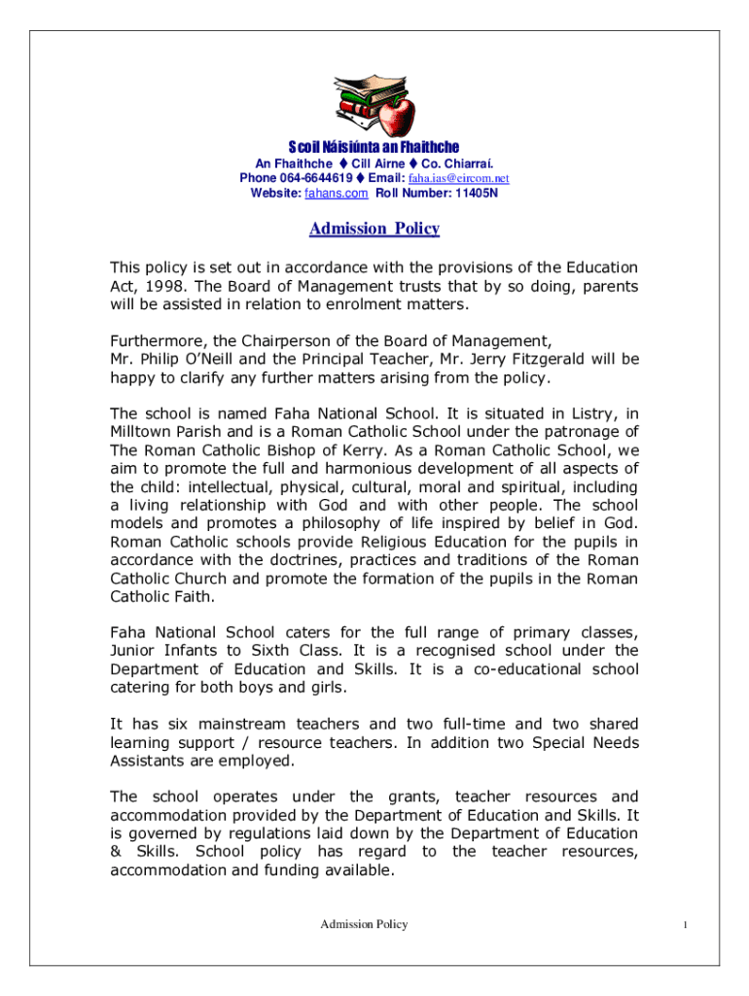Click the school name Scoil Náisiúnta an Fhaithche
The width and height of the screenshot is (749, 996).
point(374,147)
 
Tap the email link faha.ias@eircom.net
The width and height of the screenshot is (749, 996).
point(458,179)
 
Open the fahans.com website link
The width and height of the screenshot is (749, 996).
point(337,194)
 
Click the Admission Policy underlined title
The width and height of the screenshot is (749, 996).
point(374,230)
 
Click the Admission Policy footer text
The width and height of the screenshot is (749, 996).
point(365,924)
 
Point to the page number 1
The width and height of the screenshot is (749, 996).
point(686,925)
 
